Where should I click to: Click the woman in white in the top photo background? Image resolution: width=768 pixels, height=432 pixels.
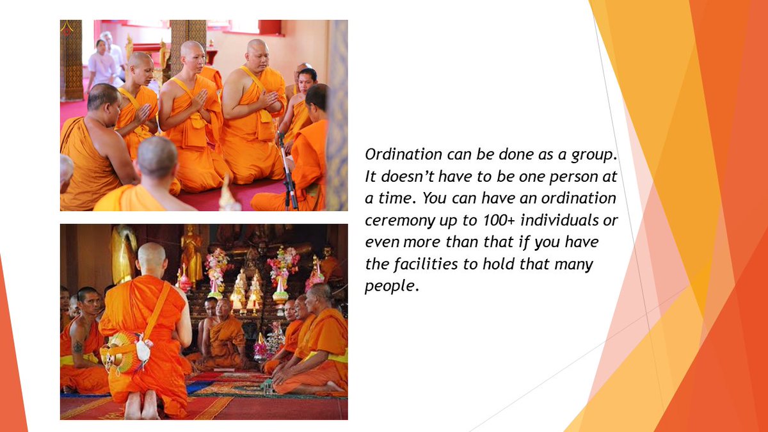[x=101, y=64]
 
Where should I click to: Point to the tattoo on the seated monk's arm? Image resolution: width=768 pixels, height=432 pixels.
[x=77, y=346]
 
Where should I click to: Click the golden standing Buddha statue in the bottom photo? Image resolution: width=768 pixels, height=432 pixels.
[x=190, y=253]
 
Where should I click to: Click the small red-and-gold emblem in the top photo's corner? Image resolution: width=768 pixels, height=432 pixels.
[x=67, y=28]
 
